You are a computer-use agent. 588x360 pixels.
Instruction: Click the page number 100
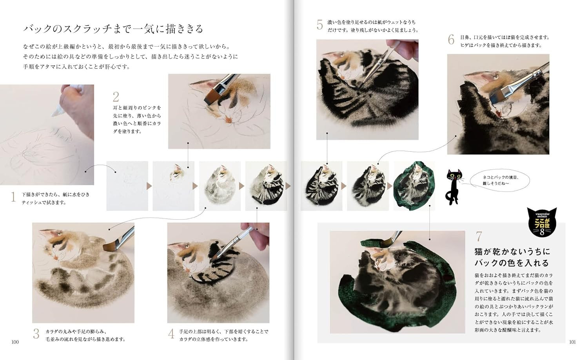(15, 342)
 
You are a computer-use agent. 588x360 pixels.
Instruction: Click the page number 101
(572, 342)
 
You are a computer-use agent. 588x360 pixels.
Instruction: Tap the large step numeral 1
(13, 197)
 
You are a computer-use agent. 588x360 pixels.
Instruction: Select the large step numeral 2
(116, 97)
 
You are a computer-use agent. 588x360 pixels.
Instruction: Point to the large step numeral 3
(36, 334)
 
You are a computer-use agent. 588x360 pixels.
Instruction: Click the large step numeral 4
(171, 334)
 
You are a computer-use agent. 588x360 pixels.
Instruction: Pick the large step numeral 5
(319, 25)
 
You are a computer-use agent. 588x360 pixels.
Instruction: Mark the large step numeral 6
(451, 40)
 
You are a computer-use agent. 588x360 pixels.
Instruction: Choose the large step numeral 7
(478, 236)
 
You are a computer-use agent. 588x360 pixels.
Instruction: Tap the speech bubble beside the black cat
(500, 180)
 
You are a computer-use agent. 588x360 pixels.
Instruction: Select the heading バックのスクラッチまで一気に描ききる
(113, 29)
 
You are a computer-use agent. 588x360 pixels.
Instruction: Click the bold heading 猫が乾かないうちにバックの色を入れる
(512, 257)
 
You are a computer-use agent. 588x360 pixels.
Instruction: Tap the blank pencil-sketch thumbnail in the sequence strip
(127, 186)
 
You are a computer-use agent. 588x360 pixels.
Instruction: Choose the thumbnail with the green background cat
(414, 186)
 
